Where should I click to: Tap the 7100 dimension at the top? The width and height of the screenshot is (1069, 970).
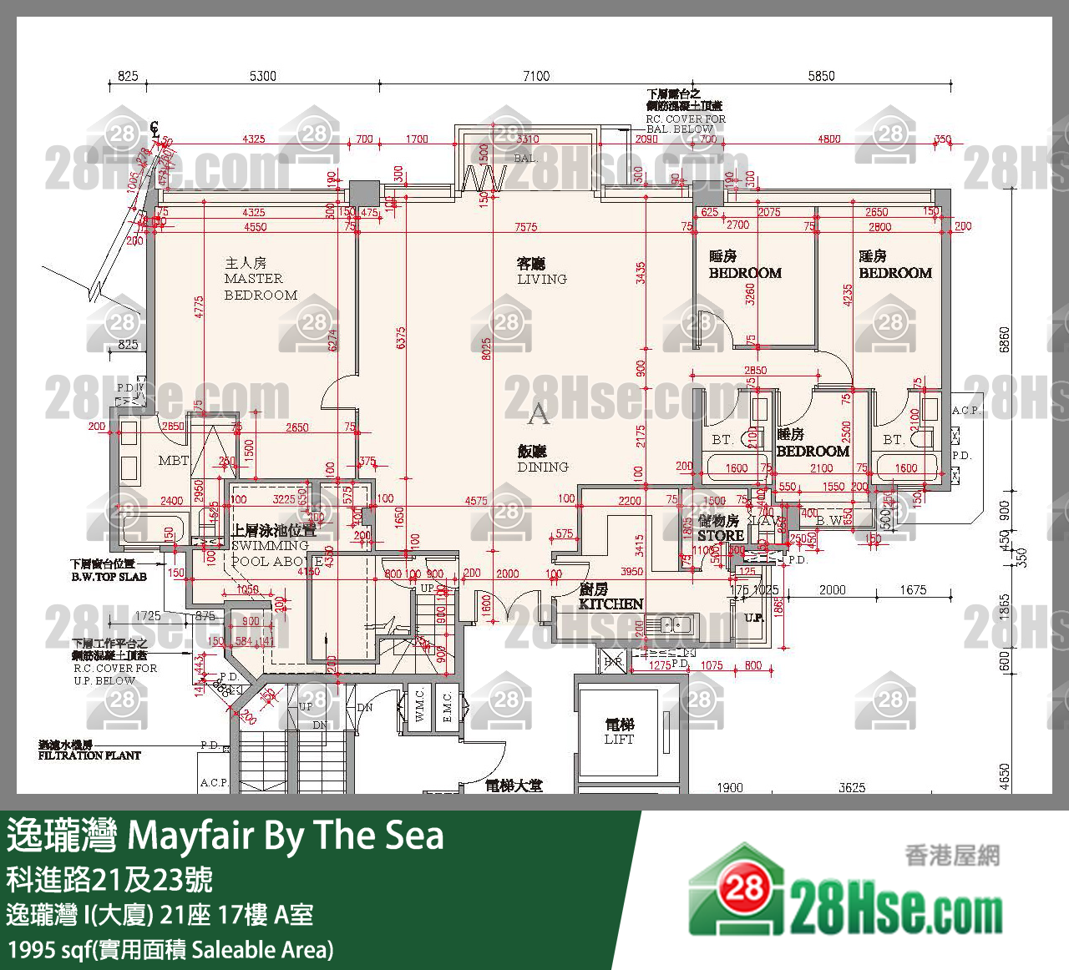point(536,76)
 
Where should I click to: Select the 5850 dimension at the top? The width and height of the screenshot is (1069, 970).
point(821,76)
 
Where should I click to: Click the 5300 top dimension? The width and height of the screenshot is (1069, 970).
point(262,76)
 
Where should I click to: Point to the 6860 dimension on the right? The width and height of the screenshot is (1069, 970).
point(1005,339)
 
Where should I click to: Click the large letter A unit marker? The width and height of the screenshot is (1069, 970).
point(539,412)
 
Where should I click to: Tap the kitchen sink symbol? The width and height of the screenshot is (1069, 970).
point(676,624)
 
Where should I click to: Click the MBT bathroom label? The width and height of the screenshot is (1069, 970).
point(174,460)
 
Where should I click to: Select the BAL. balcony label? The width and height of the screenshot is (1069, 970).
point(525,158)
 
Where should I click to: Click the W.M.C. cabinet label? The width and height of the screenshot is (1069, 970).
point(419,706)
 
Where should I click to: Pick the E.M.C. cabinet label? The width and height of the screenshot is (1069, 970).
point(447,706)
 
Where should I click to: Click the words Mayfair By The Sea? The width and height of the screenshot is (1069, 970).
point(286,835)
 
